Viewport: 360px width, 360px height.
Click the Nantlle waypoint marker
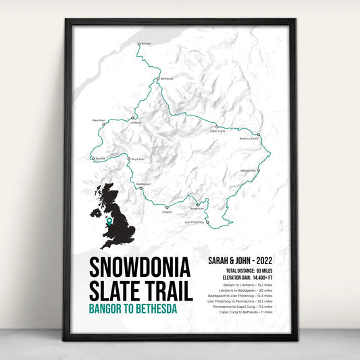click(x=92, y=159)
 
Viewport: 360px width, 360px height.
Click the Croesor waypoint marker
click(x=167, y=207)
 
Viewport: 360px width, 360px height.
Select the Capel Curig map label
click(x=217, y=131)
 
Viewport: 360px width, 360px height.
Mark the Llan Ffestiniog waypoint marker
click(x=207, y=221)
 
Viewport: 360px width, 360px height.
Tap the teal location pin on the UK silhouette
click(x=109, y=220)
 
